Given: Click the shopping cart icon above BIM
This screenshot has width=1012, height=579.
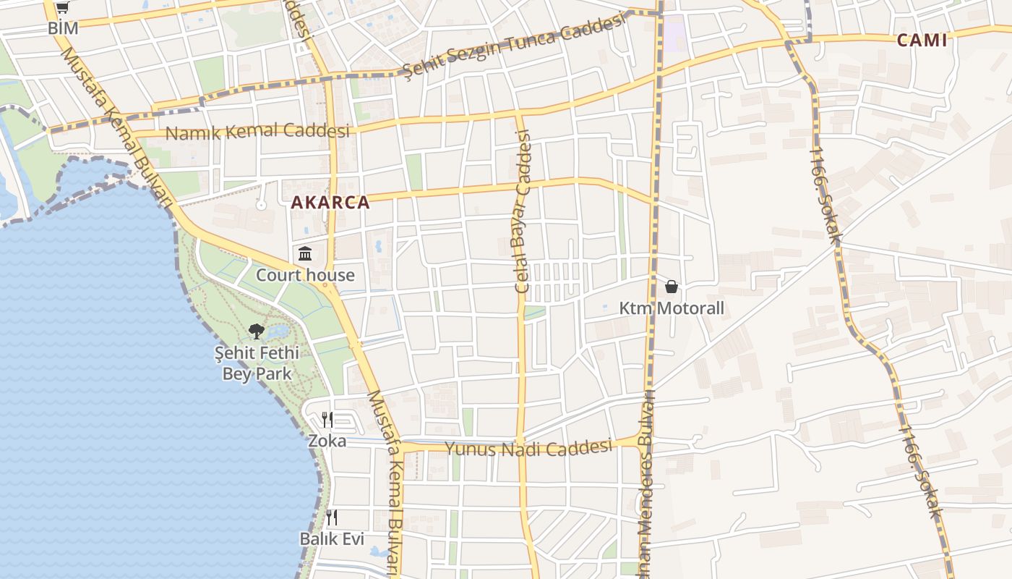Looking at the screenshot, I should click(x=63, y=9).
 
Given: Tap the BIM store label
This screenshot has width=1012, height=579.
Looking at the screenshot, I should click(x=63, y=28).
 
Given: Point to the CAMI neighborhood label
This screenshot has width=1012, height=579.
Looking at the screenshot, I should click(x=922, y=41).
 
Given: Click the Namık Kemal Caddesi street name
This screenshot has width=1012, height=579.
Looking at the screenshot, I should click(x=257, y=132).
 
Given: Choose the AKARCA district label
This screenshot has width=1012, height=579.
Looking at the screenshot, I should click(x=330, y=203).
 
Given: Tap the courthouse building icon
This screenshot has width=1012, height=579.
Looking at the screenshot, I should click(x=305, y=254).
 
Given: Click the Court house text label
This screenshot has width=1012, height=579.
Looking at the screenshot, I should click(x=305, y=275).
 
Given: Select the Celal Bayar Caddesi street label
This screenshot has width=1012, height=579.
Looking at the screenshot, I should click(x=522, y=211).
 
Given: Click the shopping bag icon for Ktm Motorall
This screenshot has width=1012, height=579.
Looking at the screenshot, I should click(x=672, y=287).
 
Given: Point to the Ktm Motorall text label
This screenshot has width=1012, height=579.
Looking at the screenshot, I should click(x=672, y=309).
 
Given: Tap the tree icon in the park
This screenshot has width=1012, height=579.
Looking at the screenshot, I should click(x=256, y=331).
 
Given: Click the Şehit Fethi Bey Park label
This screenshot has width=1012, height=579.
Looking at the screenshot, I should click(x=257, y=363).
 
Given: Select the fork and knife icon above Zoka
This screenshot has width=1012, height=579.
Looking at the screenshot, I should click(x=327, y=420).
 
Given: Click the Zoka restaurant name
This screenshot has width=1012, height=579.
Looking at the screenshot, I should click(x=327, y=441).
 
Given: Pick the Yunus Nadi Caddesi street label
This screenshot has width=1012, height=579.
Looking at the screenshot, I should click(x=528, y=448).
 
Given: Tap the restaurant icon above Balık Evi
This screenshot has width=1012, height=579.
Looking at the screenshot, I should click(x=332, y=517).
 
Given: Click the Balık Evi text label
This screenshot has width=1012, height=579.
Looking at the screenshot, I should click(x=332, y=539).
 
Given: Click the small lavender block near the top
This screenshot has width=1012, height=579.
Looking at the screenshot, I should click(x=674, y=33).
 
